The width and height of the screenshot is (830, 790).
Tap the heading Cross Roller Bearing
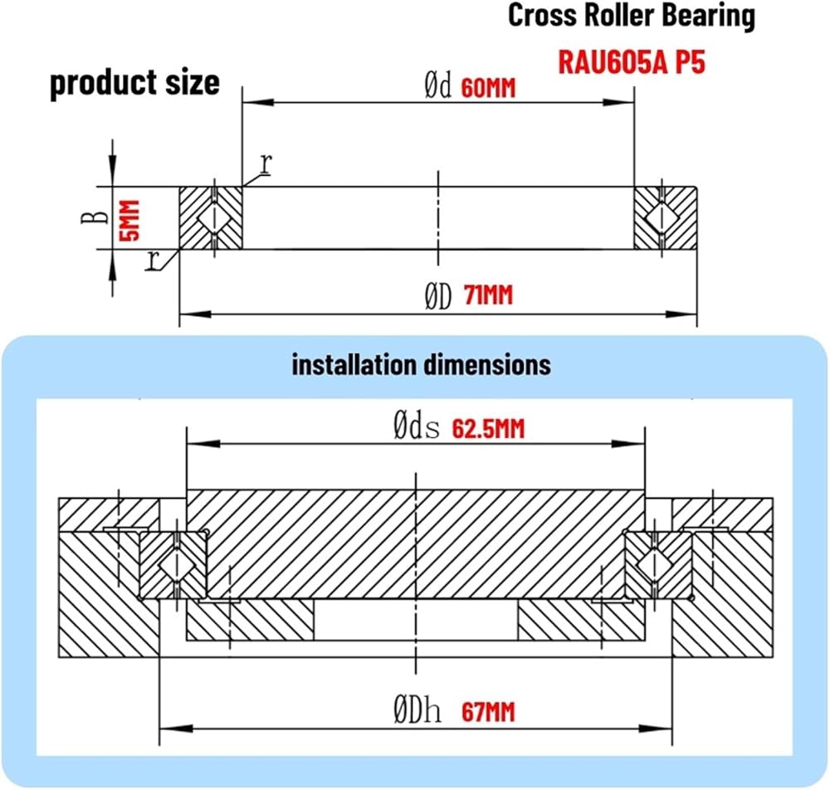[632, 16]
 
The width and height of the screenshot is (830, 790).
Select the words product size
[135, 83]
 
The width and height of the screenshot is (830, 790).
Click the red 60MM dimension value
[488, 89]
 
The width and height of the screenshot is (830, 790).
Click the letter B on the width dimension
[97, 217]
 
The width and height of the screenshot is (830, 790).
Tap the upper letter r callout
[266, 163]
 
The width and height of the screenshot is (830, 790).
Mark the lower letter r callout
[152, 261]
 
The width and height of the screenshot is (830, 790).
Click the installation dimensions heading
[421, 363]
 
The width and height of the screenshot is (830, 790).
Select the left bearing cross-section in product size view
[212, 217]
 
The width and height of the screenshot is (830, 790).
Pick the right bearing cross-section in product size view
[665, 217]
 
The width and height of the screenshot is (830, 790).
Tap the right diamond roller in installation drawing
[655, 565]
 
